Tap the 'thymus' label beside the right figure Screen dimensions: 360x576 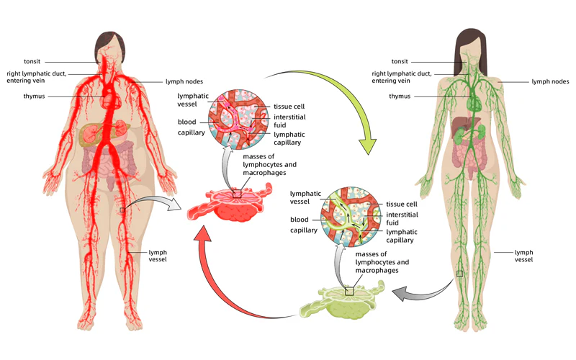pos(400,96)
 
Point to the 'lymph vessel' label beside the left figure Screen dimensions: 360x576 pos(158,256)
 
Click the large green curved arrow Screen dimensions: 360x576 pos(338,94)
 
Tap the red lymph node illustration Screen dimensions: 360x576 pos(232,205)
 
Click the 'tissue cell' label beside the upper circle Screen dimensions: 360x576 pos(288,107)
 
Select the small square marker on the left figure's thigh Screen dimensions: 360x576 pos(123,210)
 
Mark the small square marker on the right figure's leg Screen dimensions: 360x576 pos(459,274)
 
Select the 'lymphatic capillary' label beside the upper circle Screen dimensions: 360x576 pos(289,138)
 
